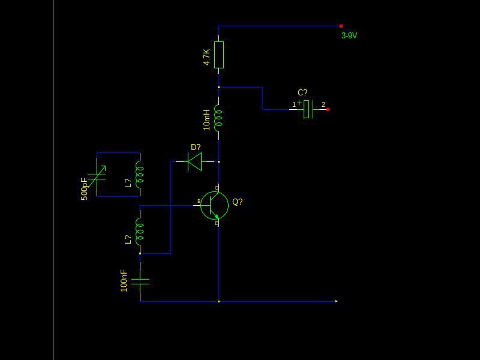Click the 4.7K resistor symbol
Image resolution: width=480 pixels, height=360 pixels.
coord(218,55)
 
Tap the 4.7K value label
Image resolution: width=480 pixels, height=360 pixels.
coord(206,57)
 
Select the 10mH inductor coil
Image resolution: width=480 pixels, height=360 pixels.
coord(218,118)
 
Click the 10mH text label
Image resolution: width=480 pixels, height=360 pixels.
coord(206,120)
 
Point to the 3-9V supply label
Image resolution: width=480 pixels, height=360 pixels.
coord(349,35)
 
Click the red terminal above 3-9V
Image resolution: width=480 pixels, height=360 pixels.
coord(341,26)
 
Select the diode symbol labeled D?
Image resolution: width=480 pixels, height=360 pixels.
coord(194,161)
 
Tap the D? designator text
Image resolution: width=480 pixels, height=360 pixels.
coord(196,147)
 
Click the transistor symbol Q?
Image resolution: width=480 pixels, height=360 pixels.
coord(214,205)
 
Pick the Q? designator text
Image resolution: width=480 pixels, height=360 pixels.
coord(238,202)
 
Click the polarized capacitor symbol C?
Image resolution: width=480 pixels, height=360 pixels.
coord(308,109)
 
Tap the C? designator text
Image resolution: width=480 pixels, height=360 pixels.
coord(302,92)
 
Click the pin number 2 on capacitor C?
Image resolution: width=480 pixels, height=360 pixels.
coord(323,104)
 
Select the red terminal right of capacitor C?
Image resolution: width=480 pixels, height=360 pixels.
coord(328,109)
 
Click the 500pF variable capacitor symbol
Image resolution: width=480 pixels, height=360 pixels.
coord(97,176)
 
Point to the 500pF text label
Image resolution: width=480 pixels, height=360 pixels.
coord(84,189)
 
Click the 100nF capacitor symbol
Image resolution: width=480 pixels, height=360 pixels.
coord(140,281)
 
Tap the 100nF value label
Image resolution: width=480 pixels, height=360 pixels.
coord(124,280)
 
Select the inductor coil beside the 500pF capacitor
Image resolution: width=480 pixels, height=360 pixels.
coord(140,175)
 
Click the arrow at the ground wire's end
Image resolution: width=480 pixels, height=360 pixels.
coord(337,301)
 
